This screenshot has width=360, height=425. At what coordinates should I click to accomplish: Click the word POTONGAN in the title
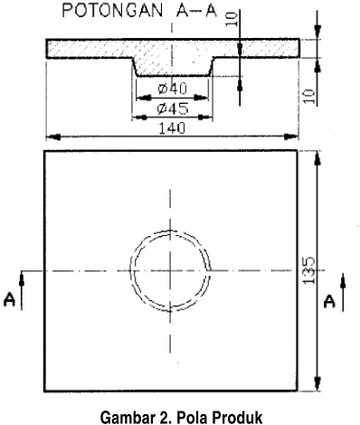pos(112,11)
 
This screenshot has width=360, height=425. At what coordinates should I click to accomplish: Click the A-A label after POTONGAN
pos(196,11)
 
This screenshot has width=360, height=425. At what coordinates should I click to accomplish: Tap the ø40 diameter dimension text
pos(173,89)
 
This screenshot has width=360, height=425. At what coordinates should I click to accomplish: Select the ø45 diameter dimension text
pos(173,109)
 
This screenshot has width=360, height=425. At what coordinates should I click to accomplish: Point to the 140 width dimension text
pos(172,128)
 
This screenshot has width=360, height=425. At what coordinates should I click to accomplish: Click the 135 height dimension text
pos(308,270)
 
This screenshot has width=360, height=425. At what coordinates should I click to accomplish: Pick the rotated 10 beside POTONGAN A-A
pos(232,18)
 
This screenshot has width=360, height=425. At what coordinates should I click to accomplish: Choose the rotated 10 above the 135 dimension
pos(308,97)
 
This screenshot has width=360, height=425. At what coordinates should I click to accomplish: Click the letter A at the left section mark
pos(9,300)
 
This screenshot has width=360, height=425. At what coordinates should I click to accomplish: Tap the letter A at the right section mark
pos(329,301)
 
